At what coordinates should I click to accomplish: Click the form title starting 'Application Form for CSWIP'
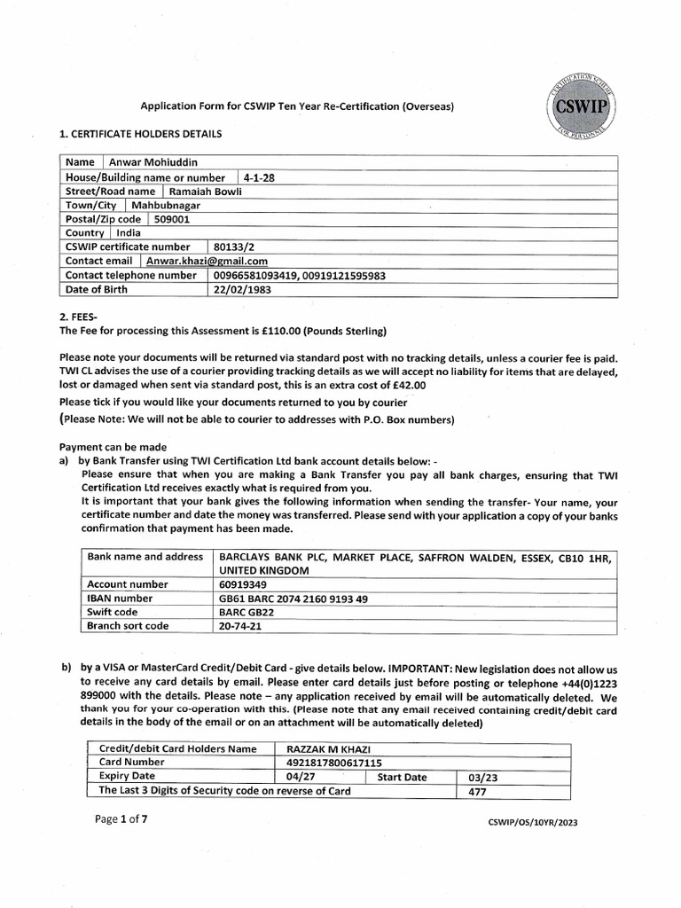pyautogui.click(x=297, y=106)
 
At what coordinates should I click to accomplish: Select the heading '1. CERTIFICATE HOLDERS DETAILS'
pyautogui.click(x=140, y=134)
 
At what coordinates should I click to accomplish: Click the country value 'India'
pyautogui.click(x=129, y=232)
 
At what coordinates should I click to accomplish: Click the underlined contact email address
pyautogui.click(x=207, y=261)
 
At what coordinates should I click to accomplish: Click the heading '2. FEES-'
pyautogui.click(x=80, y=317)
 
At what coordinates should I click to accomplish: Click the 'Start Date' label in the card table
pyautogui.click(x=402, y=777)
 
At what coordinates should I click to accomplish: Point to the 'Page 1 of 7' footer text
pyautogui.click(x=121, y=819)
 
